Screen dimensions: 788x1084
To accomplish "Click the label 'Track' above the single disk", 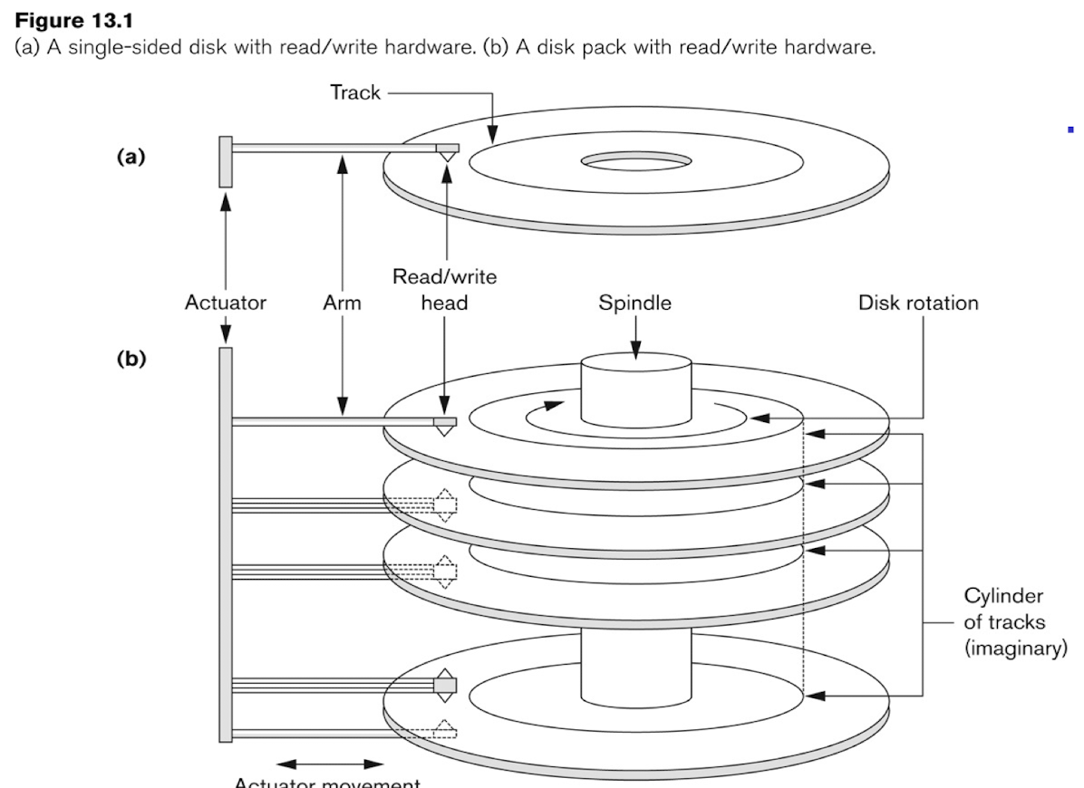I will tap(355, 92).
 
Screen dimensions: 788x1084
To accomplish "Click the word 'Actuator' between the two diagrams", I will tap(226, 303).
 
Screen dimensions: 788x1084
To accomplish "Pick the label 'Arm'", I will tap(342, 303).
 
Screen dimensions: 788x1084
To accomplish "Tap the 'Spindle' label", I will tap(634, 303).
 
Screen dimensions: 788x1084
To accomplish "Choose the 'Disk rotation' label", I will tap(918, 303).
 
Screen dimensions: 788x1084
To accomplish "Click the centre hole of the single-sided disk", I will tap(635, 162).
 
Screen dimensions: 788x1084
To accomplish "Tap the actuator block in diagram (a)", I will tap(226, 162).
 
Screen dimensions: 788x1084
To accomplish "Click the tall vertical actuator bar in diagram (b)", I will tap(226, 543).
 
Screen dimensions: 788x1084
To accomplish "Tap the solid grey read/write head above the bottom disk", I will tap(445, 685).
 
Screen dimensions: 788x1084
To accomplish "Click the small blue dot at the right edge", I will tap(1070, 130).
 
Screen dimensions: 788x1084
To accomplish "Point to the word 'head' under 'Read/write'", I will tap(444, 303).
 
